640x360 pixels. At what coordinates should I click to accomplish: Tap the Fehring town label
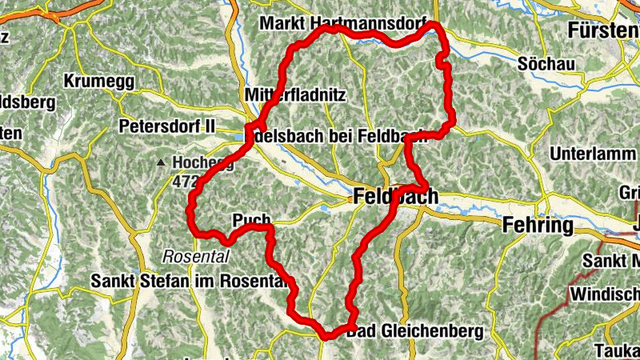[x=538, y=226]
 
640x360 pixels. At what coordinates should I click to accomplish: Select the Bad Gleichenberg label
[x=417, y=330]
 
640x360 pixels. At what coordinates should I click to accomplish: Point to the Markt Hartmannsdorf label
[x=344, y=24]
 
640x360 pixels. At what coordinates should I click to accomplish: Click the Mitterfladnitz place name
[x=292, y=95]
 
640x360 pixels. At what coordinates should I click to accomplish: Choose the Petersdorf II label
[x=167, y=126]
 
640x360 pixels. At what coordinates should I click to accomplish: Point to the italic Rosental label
[x=195, y=257]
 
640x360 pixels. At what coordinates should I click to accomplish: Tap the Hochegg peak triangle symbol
[x=162, y=163]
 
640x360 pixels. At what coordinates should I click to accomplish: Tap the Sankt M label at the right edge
[x=611, y=261]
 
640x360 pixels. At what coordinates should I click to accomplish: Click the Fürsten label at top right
[x=603, y=31]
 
